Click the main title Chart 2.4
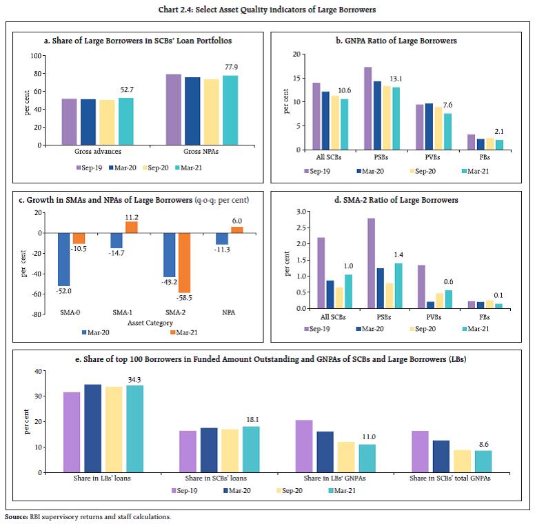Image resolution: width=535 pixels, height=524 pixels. tap(267, 8)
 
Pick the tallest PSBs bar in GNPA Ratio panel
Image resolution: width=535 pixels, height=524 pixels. tap(367, 108)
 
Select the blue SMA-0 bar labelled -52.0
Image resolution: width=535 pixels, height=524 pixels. tap(64, 259)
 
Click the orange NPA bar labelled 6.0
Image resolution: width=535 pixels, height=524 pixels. tap(237, 230)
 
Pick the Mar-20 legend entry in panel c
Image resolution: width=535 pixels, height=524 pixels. tap(97, 332)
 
